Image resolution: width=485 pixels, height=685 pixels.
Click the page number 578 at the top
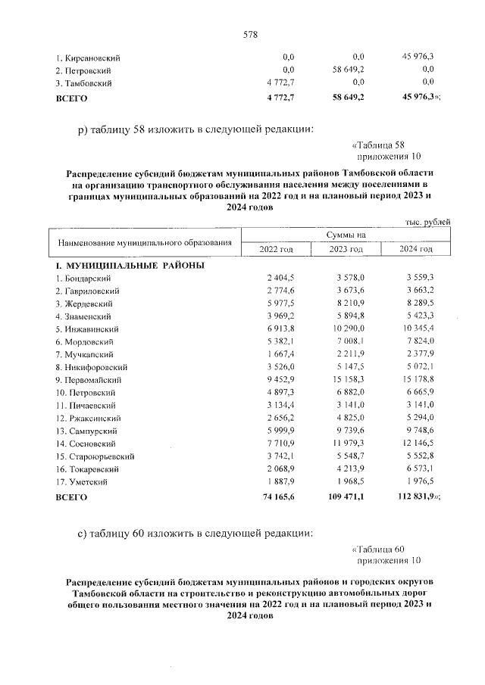pos(251,34)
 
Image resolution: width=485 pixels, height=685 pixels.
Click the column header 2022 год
pos(276,249)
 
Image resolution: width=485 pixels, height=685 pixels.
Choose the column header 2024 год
pos(416,249)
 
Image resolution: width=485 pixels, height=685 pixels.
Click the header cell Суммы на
pos(346,235)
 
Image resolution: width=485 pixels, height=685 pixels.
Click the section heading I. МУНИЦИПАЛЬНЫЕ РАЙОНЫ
pos(130,266)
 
